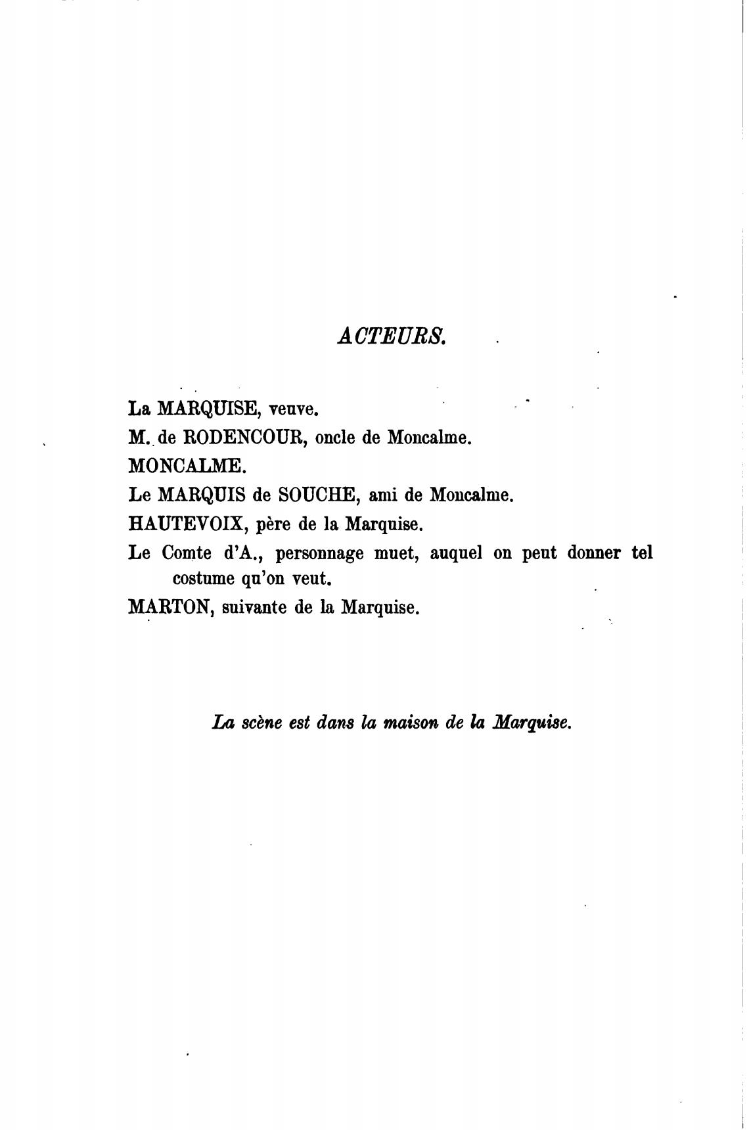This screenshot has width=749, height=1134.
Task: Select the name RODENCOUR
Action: [x=239, y=438]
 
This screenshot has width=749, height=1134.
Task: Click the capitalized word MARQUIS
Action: [x=201, y=495]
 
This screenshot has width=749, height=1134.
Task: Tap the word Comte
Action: [x=185, y=553]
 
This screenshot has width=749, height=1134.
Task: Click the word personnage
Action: [x=319, y=554]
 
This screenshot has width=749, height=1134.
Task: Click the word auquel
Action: [x=456, y=554]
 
